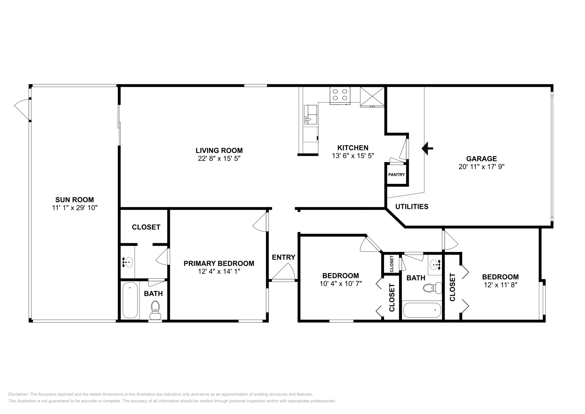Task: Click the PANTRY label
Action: coord(396,175)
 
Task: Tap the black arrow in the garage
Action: coord(427,148)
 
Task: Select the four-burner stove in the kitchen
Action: coord(340,95)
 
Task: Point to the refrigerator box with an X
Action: coord(372,96)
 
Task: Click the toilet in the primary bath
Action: coord(156,307)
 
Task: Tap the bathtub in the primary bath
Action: coord(130,300)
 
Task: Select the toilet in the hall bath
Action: coord(429,288)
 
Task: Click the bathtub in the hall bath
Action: coord(422,310)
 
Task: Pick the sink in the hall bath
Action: coord(435,264)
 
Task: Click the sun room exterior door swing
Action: coord(22,109)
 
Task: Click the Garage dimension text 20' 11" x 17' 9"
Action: coord(481,167)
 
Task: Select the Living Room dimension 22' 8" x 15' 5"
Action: coord(219,159)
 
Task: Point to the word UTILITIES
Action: coord(412,207)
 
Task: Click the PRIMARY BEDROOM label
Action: coord(219,263)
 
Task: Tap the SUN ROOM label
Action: coord(74,200)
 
